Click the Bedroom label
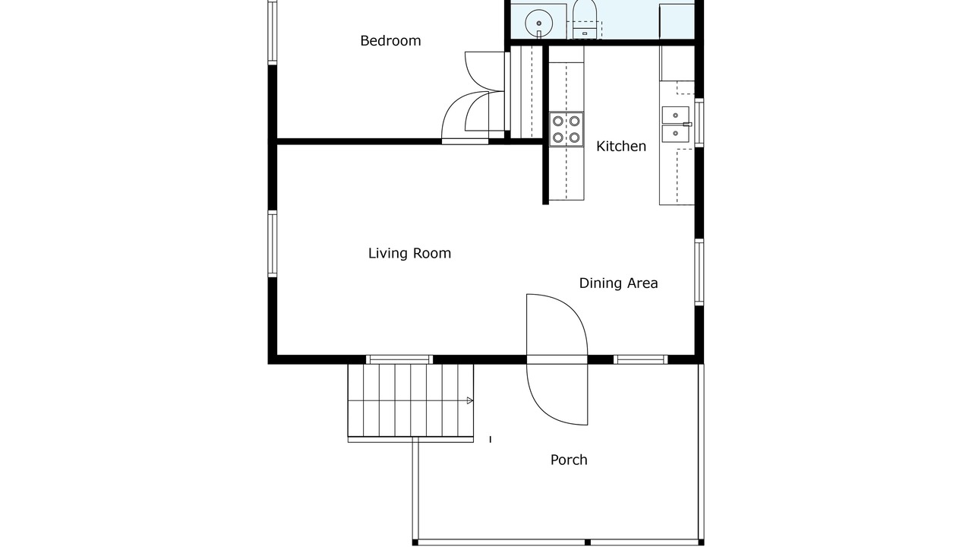tap(390, 41)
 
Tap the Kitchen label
tap(621, 147)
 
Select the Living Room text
tap(409, 253)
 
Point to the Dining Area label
tap(618, 283)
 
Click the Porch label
tap(569, 460)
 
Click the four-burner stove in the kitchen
tap(566, 129)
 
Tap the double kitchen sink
tap(676, 124)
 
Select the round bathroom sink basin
tap(538, 24)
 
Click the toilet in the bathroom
tap(585, 20)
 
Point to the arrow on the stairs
tap(469, 400)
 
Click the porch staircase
tap(411, 400)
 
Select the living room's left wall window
tap(272, 244)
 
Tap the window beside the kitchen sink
tap(699, 123)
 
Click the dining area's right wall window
tap(699, 272)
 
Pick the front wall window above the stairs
tap(399, 359)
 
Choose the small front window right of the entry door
tap(640, 359)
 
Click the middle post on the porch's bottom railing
tap(588, 542)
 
